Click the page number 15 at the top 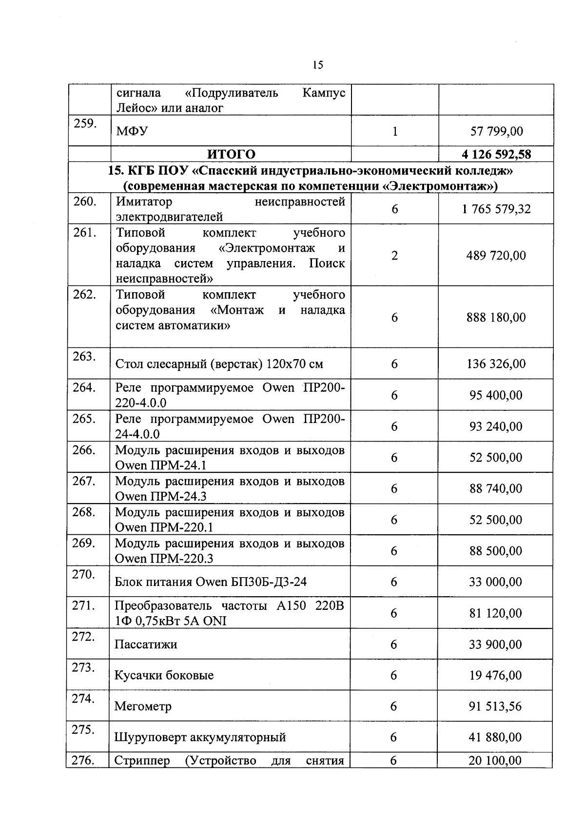tap(318, 65)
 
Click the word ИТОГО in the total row tap(231, 154)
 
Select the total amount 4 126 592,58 tap(496, 155)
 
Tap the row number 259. tap(85, 123)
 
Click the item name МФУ tap(132, 131)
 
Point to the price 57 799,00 tap(496, 131)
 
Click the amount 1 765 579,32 tap(496, 209)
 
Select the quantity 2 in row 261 tap(394, 256)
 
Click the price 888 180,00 tap(496, 318)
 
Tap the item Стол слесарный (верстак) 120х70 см tap(219, 364)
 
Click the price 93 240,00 tap(496, 426)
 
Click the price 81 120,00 tap(495, 613)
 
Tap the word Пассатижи tap(146, 645)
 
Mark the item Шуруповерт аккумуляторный tap(200, 737)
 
